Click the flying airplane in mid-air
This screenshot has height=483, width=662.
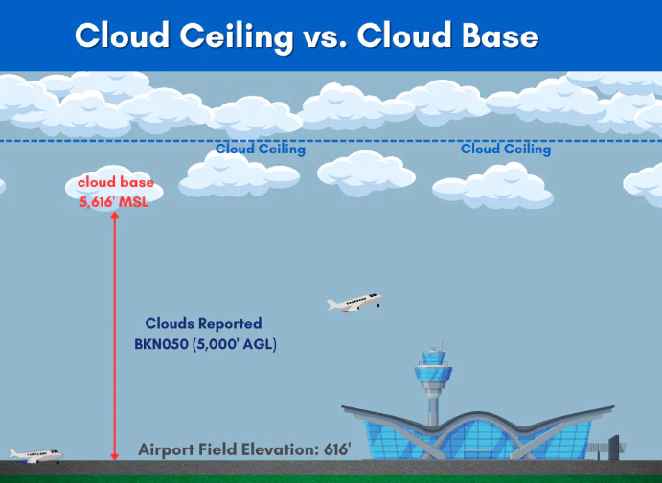pyautogui.click(x=354, y=303)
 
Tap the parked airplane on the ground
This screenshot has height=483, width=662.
pyautogui.click(x=33, y=454)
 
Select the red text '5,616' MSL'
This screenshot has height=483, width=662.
pyautogui.click(x=114, y=201)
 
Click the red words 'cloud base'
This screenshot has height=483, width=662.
pyautogui.click(x=115, y=183)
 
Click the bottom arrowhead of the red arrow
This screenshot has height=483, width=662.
pyautogui.click(x=115, y=455)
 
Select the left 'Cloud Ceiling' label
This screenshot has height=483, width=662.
pyautogui.click(x=261, y=149)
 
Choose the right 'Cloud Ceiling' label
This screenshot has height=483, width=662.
pyautogui.click(x=506, y=149)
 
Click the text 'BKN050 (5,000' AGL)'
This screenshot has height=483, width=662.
pyautogui.click(x=206, y=344)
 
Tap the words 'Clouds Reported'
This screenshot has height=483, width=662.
pyautogui.click(x=203, y=324)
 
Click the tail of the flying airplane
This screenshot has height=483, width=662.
pyautogui.click(x=377, y=298)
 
